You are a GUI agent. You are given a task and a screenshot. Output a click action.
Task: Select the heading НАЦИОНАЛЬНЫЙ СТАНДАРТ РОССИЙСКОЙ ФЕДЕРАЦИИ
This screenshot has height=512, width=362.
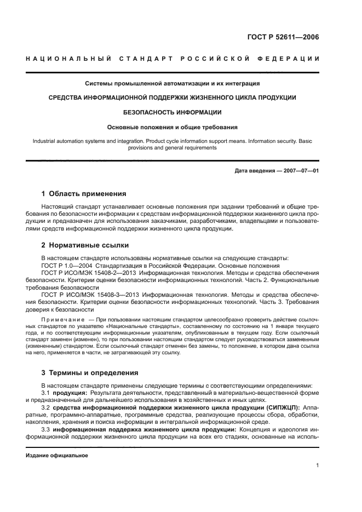point(173,59)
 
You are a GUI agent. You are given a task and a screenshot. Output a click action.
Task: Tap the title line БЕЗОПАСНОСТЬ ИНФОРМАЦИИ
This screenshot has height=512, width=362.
point(173,112)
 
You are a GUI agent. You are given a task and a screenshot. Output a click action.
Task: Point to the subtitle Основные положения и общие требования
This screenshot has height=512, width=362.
point(173,127)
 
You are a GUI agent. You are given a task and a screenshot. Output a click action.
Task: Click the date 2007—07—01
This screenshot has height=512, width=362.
point(300,170)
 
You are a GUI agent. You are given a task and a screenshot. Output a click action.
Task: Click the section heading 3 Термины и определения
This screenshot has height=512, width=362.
point(90,372)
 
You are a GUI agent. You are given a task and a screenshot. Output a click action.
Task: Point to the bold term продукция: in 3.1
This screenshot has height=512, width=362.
point(69,393)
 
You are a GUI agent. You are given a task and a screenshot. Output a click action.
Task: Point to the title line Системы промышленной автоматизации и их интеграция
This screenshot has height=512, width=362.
point(173,83)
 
